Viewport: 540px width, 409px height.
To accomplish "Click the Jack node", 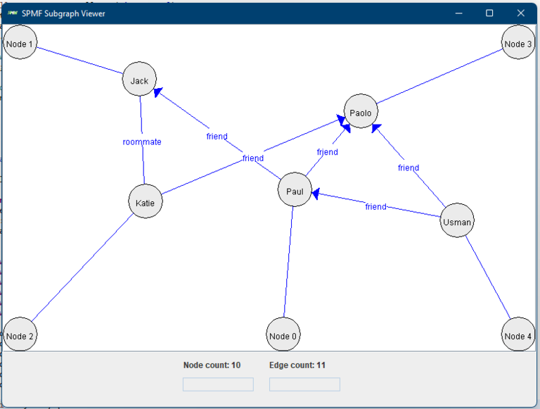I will (139, 80).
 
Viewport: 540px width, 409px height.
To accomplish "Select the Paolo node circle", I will (361, 112).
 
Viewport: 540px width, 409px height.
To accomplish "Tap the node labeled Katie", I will (146, 202).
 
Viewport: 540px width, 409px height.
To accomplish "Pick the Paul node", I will (295, 190).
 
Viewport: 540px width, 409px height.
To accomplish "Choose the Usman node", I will (457, 221).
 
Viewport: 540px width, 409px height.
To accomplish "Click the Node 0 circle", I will (283, 335).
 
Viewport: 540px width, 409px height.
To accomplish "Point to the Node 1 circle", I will (20, 44).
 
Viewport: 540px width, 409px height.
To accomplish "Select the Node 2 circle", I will (20, 335).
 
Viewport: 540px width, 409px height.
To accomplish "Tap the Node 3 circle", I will (518, 44).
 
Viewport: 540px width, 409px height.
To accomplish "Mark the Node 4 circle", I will (518, 335).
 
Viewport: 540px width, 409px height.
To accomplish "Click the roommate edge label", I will (142, 141).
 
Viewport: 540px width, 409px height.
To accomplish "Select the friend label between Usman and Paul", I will (375, 206).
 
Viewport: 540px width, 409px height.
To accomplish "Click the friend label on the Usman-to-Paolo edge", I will (408, 168).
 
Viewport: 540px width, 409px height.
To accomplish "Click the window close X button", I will (520, 13).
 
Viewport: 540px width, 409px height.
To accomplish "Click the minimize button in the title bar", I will (458, 13).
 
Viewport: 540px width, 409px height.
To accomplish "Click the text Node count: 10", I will (212, 365).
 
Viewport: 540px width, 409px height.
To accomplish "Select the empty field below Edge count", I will (304, 384).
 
